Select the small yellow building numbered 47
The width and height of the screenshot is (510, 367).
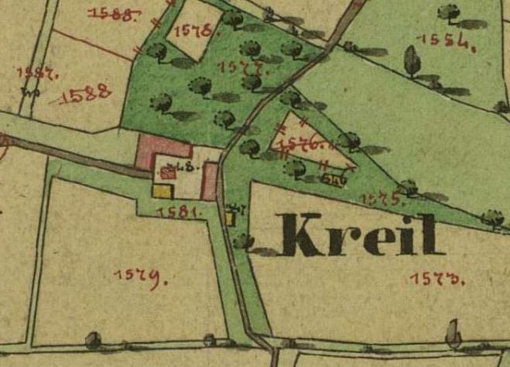[x=230, y=218]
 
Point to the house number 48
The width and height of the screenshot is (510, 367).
[x=185, y=166]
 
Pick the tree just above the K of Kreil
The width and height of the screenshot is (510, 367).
[x=243, y=241]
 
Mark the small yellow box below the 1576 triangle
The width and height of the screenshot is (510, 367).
[x=333, y=180]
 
